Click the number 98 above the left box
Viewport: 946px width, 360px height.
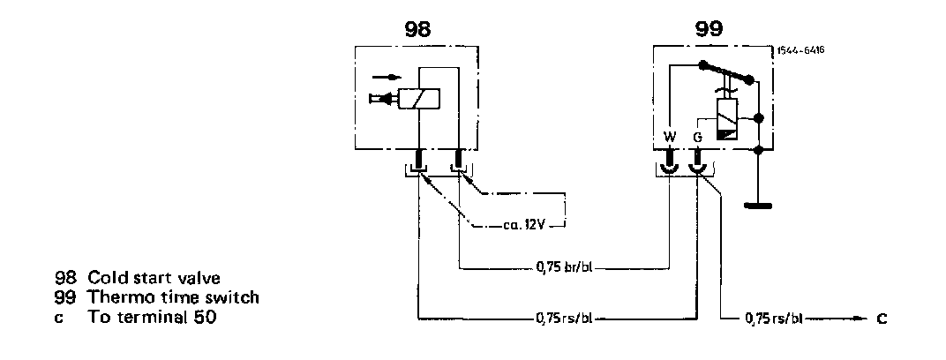coord(417,27)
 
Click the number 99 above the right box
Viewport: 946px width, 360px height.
coord(709,27)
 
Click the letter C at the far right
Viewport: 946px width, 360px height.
coord(882,316)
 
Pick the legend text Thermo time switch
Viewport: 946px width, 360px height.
coord(169,297)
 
